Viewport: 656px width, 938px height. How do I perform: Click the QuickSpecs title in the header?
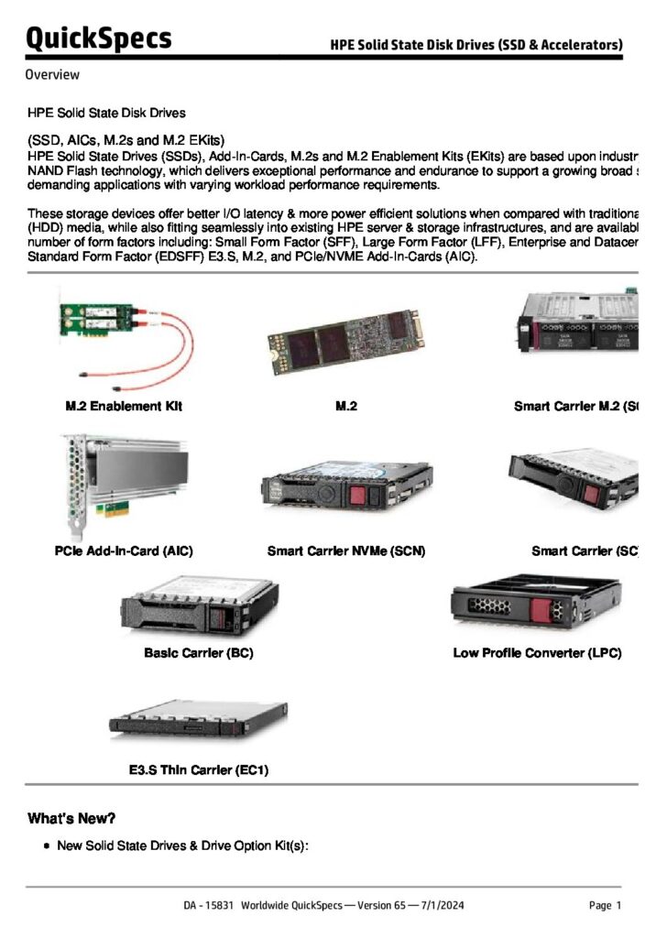pyautogui.click(x=98, y=38)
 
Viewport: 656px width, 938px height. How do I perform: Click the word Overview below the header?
pyautogui.click(x=52, y=75)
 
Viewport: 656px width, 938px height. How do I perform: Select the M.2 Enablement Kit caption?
pyautogui.click(x=125, y=406)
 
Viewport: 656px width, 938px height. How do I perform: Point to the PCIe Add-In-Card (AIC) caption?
pyautogui.click(x=124, y=551)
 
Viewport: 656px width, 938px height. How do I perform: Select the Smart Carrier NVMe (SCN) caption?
pyautogui.click(x=346, y=551)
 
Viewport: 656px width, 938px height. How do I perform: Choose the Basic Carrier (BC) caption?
pyautogui.click(x=199, y=653)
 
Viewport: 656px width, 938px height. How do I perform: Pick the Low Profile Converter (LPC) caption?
pyautogui.click(x=537, y=653)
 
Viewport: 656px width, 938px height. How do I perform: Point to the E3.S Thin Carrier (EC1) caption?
pyautogui.click(x=198, y=770)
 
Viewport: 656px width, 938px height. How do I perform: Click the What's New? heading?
pyautogui.click(x=71, y=818)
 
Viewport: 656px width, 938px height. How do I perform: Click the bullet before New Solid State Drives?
pyautogui.click(x=46, y=846)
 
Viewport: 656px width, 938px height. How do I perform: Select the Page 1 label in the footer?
pyautogui.click(x=606, y=906)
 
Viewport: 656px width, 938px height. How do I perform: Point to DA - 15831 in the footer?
pyautogui.click(x=209, y=906)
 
